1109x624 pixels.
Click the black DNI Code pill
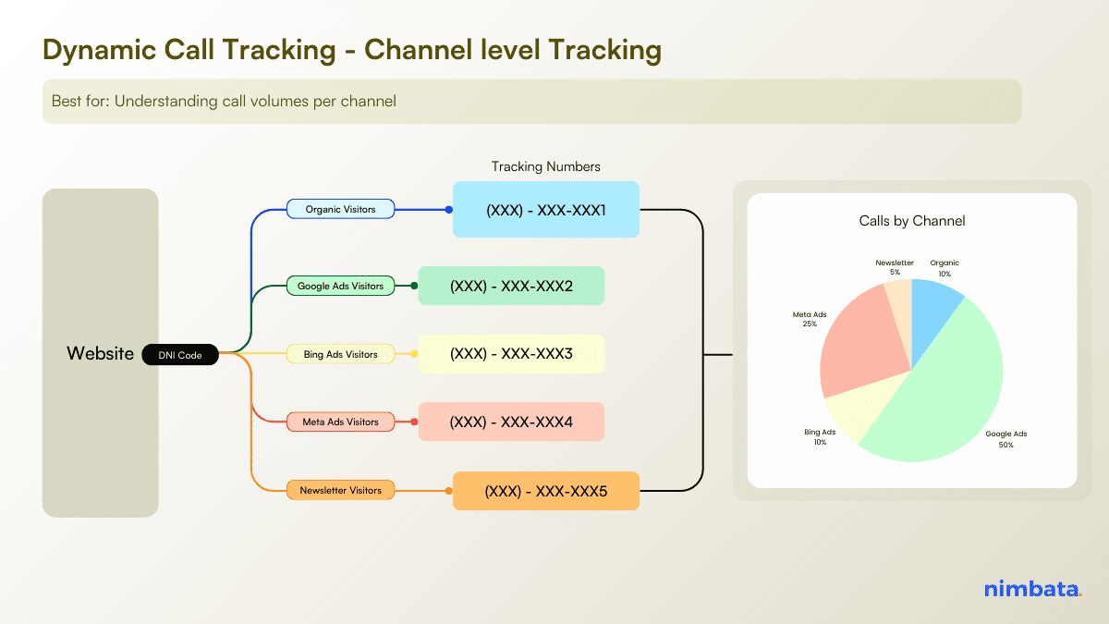pyautogui.click(x=180, y=355)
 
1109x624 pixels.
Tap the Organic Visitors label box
pyautogui.click(x=341, y=209)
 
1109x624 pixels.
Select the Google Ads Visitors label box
pyautogui.click(x=340, y=286)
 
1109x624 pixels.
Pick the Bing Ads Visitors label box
pyautogui.click(x=340, y=354)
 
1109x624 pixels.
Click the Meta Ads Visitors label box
pyautogui.click(x=340, y=422)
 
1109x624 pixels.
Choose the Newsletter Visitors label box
pyautogui.click(x=340, y=490)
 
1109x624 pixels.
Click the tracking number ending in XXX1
pyautogui.click(x=545, y=210)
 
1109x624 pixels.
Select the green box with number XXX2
pyautogui.click(x=511, y=286)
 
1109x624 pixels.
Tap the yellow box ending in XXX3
pyautogui.click(x=511, y=354)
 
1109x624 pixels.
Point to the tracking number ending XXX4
pyautogui.click(x=511, y=422)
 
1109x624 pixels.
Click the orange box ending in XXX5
pyautogui.click(x=545, y=491)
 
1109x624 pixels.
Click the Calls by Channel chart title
pyautogui.click(x=911, y=221)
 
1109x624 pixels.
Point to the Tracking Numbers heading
pyautogui.click(x=545, y=166)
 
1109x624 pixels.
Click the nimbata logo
pyautogui.click(x=1032, y=589)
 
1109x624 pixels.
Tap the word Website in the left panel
pyautogui.click(x=100, y=353)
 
